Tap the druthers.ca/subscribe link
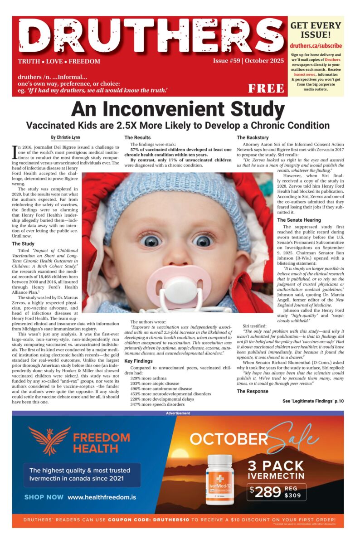316,46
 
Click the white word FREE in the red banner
266,88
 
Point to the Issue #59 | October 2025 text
248,61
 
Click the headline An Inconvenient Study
178,109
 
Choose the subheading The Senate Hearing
299,220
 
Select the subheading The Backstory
253,137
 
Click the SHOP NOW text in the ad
44,497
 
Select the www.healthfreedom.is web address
102,497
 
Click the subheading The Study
23,244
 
